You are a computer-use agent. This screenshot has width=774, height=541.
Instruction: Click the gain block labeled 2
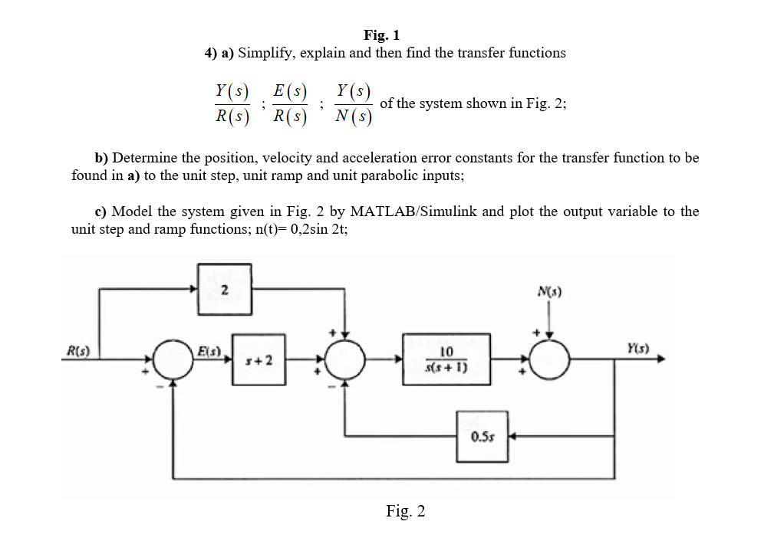224,290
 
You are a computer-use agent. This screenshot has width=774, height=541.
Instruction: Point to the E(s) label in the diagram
208,352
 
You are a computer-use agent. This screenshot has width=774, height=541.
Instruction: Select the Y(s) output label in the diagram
637,346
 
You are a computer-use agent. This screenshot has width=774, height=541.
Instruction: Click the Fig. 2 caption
405,511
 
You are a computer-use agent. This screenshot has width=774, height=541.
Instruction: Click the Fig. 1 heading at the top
381,34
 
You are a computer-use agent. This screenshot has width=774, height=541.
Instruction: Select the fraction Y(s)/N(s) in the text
354,103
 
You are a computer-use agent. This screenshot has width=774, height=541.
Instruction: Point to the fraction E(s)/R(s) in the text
290,103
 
